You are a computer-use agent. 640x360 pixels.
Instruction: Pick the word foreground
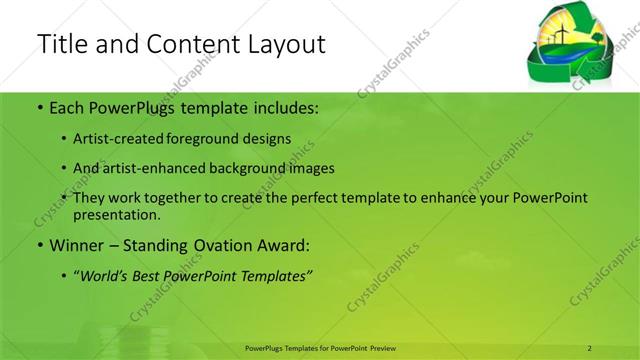tap(206, 139)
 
